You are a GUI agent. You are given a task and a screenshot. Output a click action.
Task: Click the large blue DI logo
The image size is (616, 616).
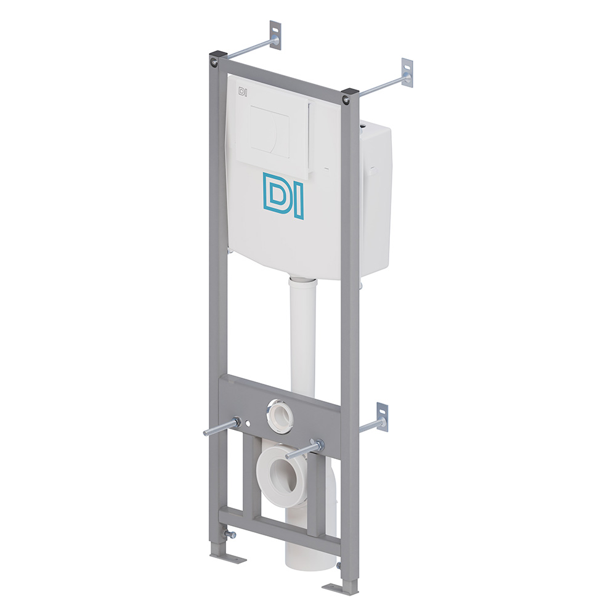pyautogui.click(x=283, y=195)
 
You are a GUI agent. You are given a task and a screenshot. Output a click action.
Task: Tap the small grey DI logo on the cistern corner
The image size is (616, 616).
pyautogui.click(x=243, y=92)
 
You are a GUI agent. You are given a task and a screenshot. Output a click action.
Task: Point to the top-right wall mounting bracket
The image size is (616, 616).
pyautogui.click(x=407, y=71)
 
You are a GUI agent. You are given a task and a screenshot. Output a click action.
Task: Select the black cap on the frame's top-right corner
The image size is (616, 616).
pyautogui.click(x=351, y=93)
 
